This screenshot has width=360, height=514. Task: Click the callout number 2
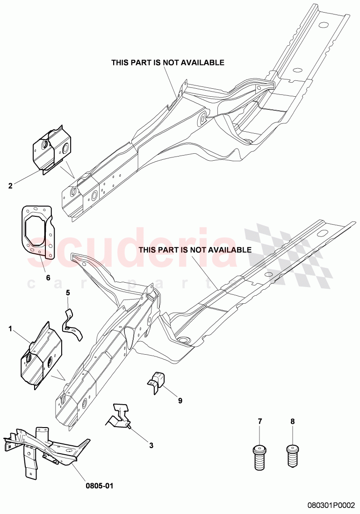click(10, 186)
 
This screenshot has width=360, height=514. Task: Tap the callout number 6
click(48, 278)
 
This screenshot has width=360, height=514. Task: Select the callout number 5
click(68, 293)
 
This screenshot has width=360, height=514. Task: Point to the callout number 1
click(10, 328)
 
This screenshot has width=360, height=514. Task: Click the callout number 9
click(180, 400)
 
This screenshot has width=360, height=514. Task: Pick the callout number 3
click(151, 445)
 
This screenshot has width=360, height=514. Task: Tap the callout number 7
click(260, 421)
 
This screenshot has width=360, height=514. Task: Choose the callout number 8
click(293, 421)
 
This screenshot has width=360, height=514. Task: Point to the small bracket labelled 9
click(155, 383)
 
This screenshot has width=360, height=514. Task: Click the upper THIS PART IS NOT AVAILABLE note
click(168, 62)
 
